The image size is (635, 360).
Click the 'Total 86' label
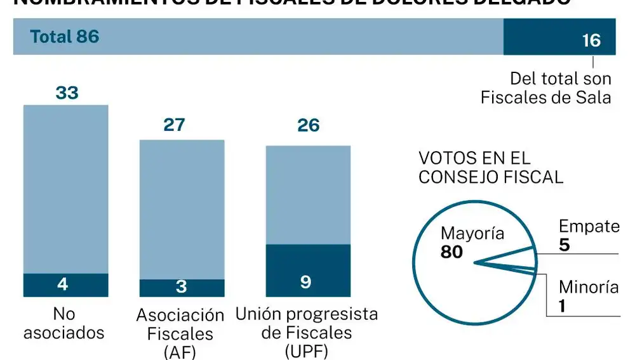(x=65, y=37)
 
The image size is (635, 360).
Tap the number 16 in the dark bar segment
(x=591, y=41)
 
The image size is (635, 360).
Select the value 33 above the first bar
(x=67, y=93)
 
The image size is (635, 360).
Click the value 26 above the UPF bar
(x=308, y=125)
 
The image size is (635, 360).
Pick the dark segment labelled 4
(x=65, y=284)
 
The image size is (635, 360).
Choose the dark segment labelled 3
(x=182, y=288)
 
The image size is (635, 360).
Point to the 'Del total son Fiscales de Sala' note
(x=546, y=88)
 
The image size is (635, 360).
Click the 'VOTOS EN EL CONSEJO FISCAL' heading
(x=491, y=168)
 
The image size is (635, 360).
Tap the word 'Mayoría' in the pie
(x=472, y=234)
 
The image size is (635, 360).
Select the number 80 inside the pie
(x=451, y=253)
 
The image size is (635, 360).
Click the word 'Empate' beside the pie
(x=589, y=227)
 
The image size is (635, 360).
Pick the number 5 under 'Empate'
(x=565, y=245)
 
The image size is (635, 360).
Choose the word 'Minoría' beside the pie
(x=589, y=288)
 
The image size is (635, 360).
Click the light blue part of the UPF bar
(x=308, y=195)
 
